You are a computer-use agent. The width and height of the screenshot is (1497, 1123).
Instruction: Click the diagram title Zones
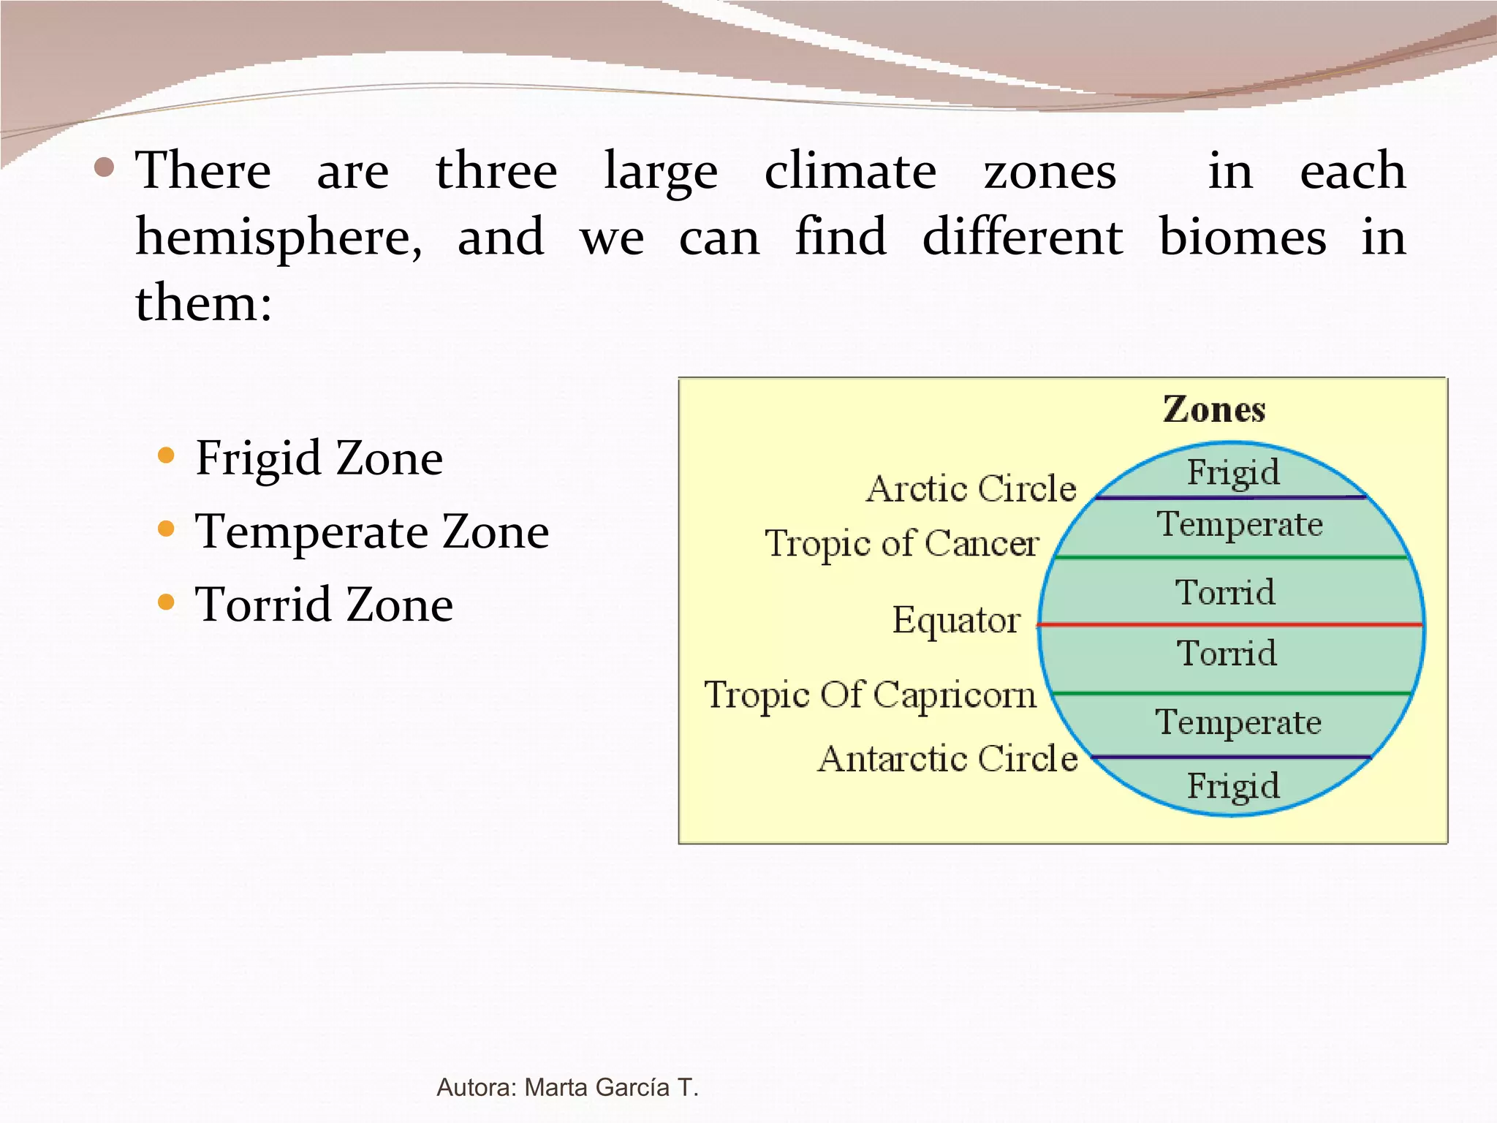[x=1214, y=409]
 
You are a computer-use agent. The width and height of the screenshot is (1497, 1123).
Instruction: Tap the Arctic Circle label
[x=971, y=488]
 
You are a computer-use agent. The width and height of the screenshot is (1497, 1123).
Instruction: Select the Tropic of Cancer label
[x=902, y=544]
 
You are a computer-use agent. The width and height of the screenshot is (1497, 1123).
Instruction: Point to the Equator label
[x=956, y=621]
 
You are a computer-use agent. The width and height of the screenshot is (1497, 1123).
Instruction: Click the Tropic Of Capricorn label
[x=870, y=695]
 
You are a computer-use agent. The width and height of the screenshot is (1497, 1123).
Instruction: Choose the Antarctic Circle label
[x=947, y=758]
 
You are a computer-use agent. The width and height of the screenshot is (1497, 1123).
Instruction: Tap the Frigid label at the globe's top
[x=1233, y=472]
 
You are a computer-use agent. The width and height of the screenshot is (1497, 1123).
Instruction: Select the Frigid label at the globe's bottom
[x=1233, y=787]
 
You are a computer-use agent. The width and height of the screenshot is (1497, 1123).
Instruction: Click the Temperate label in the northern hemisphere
[x=1240, y=524]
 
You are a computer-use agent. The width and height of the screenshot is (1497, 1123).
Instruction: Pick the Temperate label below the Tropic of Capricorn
[x=1238, y=722]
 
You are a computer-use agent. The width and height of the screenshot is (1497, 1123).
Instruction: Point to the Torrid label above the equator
[x=1226, y=591]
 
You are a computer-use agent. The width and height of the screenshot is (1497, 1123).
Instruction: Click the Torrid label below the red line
[x=1227, y=652]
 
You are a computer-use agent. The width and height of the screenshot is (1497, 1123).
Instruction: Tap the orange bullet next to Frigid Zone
[x=167, y=456]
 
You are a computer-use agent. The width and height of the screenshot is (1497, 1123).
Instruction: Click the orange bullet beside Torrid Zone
[x=167, y=602]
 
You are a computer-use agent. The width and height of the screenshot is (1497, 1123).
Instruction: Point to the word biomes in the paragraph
[x=1243, y=237]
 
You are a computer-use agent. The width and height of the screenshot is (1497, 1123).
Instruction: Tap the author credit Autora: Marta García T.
[x=567, y=1087]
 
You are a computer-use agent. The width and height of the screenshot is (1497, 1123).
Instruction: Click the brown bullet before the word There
[x=105, y=168]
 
